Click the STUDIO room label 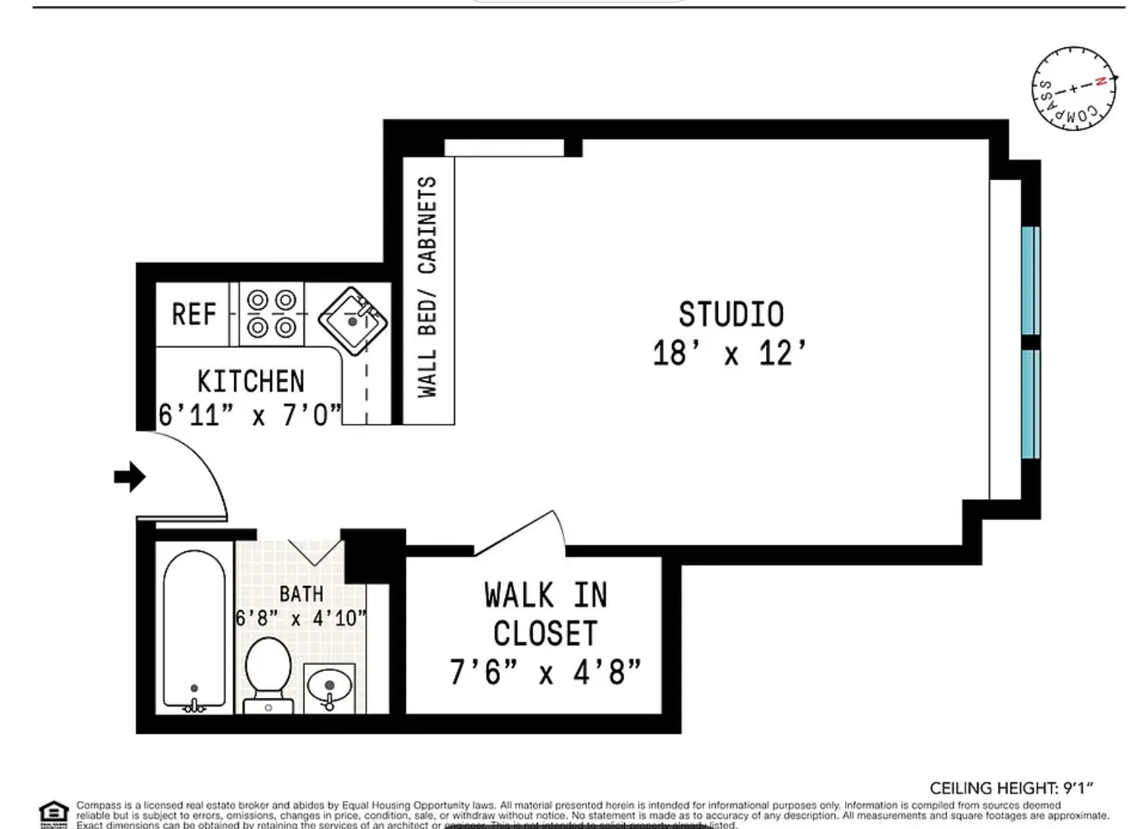[x=730, y=314]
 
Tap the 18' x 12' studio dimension [x=729, y=353]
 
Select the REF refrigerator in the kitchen [x=194, y=314]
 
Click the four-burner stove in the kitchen [x=271, y=314]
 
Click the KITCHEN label [x=250, y=381]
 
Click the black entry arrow [x=129, y=477]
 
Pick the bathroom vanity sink [x=329, y=687]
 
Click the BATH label [x=301, y=593]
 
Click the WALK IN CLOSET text [x=546, y=614]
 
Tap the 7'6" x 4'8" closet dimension [x=545, y=672]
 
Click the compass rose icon [x=1073, y=87]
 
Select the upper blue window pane [x=1030, y=281]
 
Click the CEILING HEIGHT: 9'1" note [x=1010, y=788]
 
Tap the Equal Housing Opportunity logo [x=53, y=813]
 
